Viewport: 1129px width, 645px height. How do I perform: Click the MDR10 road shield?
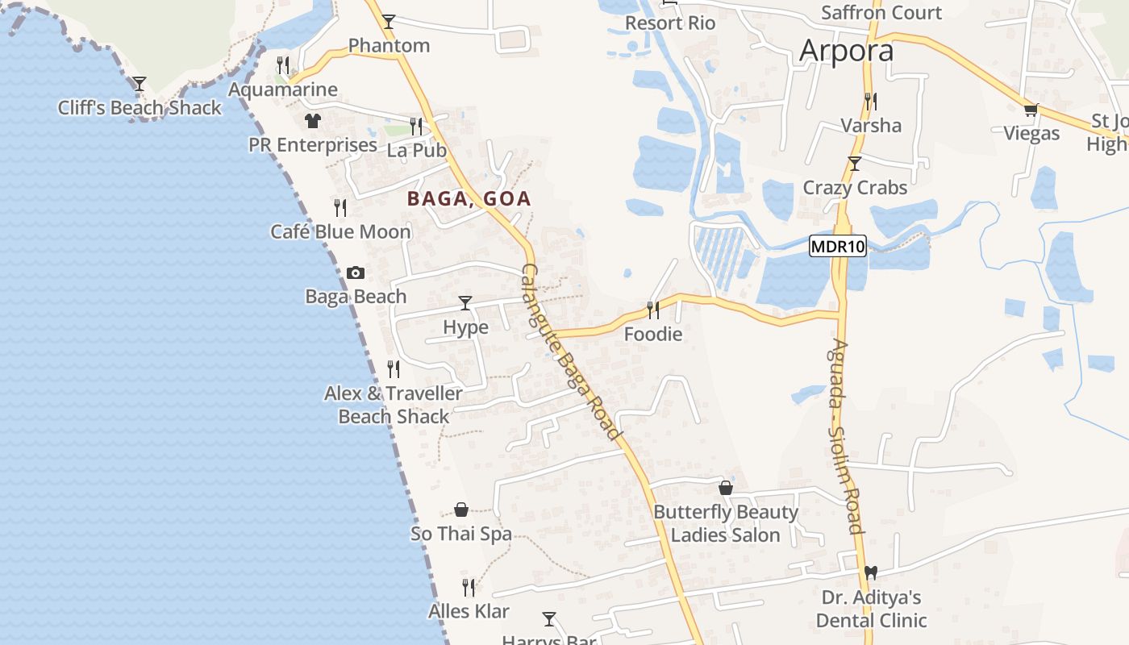tap(838, 247)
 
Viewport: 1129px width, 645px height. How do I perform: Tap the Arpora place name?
tap(846, 51)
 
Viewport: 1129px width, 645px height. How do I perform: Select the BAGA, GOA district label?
tap(469, 198)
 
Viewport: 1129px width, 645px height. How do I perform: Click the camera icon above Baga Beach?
tap(355, 273)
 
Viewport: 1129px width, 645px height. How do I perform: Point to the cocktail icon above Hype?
tap(465, 303)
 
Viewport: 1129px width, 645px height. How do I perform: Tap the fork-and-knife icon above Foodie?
tap(652, 309)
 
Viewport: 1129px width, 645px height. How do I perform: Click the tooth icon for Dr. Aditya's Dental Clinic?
tap(870, 572)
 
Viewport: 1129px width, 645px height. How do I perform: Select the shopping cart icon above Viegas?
tap(1030, 110)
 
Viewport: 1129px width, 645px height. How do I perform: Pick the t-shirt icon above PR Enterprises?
tap(312, 121)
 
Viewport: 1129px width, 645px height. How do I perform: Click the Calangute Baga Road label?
tap(571, 352)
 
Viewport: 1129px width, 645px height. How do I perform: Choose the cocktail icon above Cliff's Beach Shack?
tap(140, 84)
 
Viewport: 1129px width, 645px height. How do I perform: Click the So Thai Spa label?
tap(461, 534)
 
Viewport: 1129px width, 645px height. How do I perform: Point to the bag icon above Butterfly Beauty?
tap(726, 488)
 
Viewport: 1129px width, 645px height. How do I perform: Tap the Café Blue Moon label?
tap(340, 232)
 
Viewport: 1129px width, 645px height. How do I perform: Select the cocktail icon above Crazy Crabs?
tap(855, 164)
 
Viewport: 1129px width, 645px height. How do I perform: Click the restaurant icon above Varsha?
tap(871, 102)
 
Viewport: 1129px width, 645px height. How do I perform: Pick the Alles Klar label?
tap(469, 611)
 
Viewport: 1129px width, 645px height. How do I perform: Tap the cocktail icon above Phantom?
tap(389, 22)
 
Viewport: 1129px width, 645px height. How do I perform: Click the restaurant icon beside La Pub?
tap(415, 126)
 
